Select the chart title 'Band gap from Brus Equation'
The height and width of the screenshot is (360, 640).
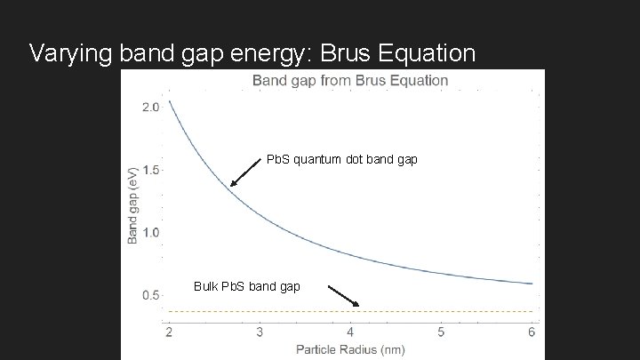click(351, 80)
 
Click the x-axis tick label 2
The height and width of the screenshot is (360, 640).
click(169, 332)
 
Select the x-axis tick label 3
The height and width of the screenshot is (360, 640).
click(260, 332)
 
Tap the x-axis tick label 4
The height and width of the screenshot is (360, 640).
click(350, 332)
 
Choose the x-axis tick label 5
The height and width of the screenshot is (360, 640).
click(441, 332)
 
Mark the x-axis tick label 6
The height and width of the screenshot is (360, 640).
click(532, 332)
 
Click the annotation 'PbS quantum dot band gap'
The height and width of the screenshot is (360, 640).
click(342, 160)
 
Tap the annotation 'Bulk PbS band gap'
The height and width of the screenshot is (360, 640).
click(246, 286)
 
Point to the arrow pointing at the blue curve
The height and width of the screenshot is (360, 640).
click(246, 172)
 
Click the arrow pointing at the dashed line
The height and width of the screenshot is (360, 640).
click(342, 296)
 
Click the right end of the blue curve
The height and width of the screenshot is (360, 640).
click(531, 284)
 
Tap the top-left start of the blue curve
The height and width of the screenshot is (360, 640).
click(170, 101)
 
